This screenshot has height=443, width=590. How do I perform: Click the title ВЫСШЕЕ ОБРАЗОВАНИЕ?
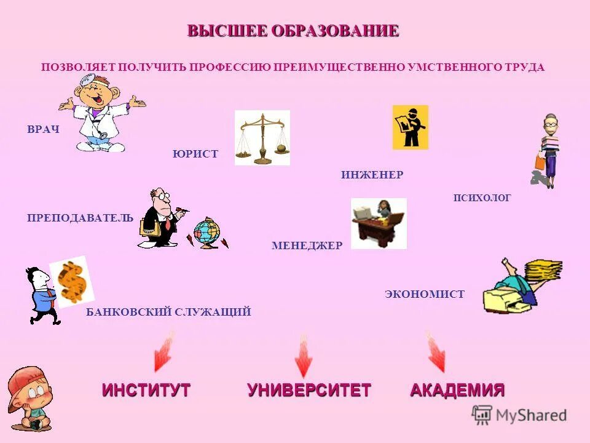[293, 31]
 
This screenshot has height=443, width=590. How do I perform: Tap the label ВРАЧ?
[43, 129]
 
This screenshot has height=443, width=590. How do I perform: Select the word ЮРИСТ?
[195, 154]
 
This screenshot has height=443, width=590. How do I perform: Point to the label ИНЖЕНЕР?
[372, 175]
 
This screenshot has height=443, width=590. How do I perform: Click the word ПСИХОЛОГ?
[482, 198]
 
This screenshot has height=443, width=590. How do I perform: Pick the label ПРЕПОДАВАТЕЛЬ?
[80, 217]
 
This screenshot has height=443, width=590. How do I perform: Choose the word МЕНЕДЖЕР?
[307, 245]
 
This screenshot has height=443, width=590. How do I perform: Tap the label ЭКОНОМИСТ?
[425, 294]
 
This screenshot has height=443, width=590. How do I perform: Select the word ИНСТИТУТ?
[146, 390]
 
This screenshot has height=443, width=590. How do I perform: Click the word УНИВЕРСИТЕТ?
[309, 390]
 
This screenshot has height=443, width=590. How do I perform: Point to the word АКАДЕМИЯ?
[457, 390]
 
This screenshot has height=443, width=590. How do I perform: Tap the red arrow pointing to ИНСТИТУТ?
[164, 352]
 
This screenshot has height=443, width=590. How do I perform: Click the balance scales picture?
[262, 138]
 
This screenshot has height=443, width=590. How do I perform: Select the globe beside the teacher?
[206, 233]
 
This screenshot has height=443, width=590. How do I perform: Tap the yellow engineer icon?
[410, 127]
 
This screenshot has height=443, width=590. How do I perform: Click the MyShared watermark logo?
[519, 415]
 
